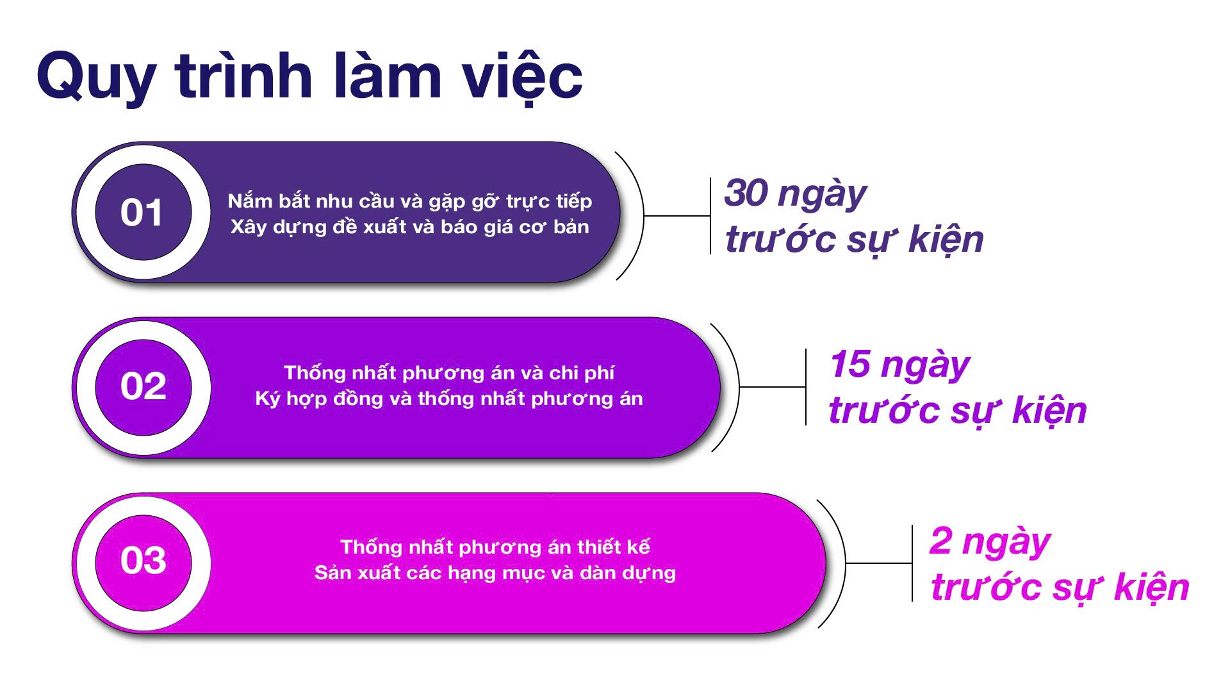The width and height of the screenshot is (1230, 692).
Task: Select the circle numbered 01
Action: (x=143, y=212)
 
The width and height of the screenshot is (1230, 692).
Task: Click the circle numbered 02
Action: (x=143, y=387)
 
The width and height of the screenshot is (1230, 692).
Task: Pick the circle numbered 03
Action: (x=143, y=562)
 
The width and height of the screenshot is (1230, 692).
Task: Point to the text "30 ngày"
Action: (x=795, y=194)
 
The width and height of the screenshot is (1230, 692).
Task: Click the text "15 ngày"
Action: (x=899, y=365)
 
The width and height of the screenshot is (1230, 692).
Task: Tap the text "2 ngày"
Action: (x=990, y=542)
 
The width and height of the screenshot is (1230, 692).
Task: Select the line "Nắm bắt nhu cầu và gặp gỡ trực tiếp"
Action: (x=410, y=202)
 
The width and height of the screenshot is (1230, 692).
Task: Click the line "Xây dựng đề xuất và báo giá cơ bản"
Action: (x=410, y=227)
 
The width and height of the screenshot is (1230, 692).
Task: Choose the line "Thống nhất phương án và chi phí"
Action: (x=449, y=373)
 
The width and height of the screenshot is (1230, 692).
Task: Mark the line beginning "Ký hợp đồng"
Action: (x=449, y=399)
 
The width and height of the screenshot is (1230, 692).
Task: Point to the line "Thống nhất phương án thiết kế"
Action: (x=495, y=547)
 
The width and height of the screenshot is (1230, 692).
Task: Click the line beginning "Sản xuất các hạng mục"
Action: (x=495, y=573)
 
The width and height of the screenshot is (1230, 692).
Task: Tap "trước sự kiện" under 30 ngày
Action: (x=854, y=240)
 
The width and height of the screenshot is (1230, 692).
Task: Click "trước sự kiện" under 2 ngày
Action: (x=1060, y=588)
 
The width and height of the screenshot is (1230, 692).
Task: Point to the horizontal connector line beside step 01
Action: (x=677, y=216)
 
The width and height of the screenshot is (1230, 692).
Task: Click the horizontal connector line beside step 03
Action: (x=879, y=563)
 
